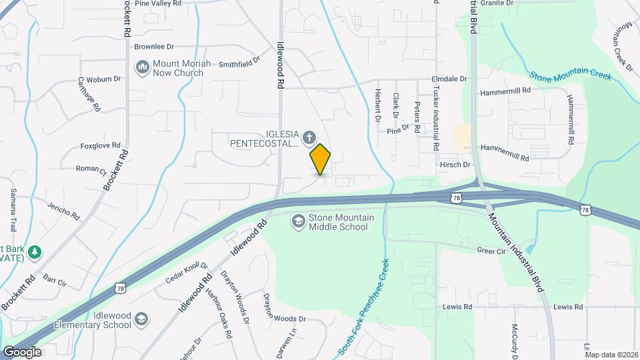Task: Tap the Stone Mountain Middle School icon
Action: [299, 221]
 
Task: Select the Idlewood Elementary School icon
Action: [141, 319]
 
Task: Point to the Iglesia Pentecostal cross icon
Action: [309, 138]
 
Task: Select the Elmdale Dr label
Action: [449, 79]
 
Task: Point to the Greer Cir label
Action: [491, 251]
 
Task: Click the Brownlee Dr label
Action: [154, 47]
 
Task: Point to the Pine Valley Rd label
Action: [158, 3]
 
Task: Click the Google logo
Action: [22, 351]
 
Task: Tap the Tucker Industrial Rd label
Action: [437, 117]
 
